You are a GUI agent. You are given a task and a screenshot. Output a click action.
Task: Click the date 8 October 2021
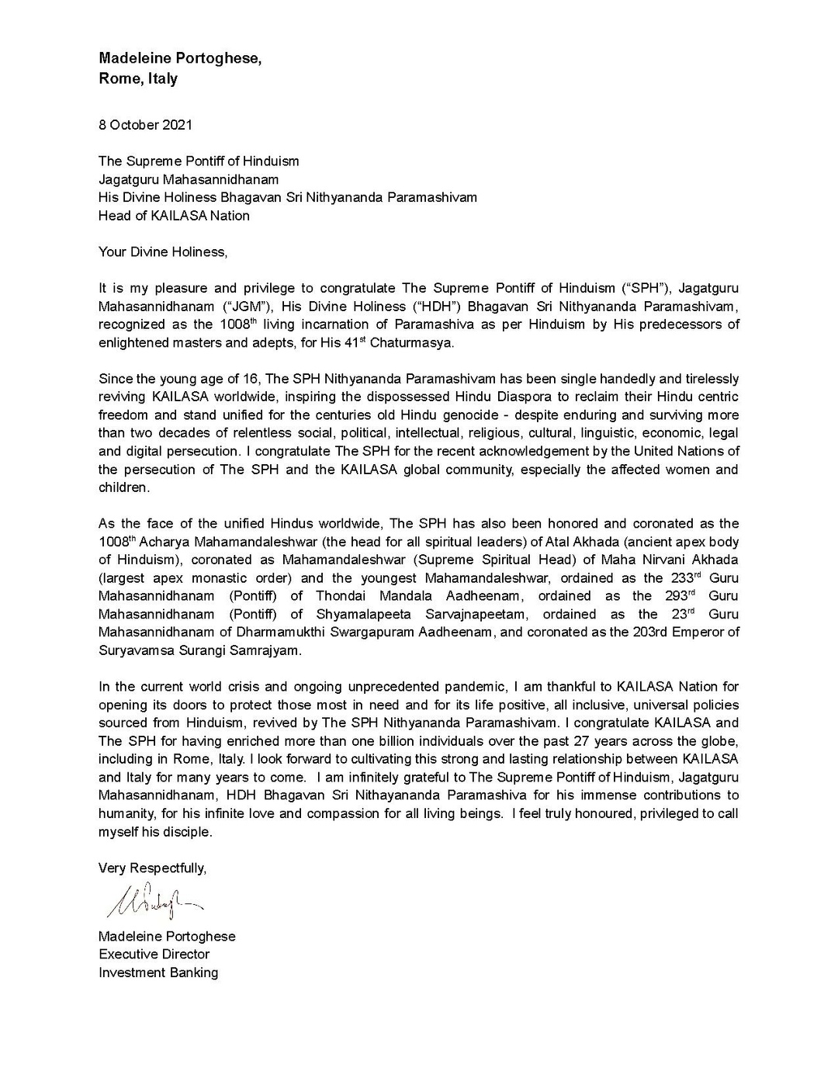tap(145, 125)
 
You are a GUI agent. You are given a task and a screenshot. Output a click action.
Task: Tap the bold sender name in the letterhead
tap(179, 58)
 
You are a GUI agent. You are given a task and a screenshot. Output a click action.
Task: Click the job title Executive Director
tap(154, 955)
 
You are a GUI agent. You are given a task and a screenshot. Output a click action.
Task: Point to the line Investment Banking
tap(158, 972)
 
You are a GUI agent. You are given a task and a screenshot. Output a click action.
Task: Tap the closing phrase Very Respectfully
tap(152, 868)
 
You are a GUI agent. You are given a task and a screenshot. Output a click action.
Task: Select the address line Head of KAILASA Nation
tap(174, 216)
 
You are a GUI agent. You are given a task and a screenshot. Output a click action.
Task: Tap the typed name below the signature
tap(167, 936)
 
